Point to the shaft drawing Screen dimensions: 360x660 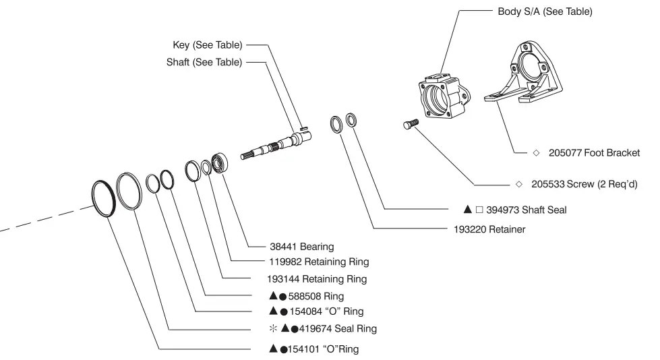280,144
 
